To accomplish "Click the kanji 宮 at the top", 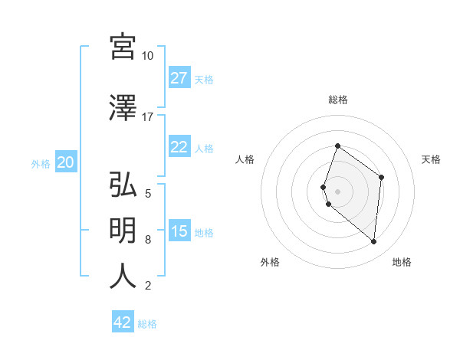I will click(123, 47).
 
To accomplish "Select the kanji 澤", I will click(123, 108).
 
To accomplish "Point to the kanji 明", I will click(123, 230).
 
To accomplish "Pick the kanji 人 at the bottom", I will click(123, 276).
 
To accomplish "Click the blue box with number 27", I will click(179, 78).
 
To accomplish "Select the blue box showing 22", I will click(179, 147).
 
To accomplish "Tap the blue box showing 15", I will click(179, 231).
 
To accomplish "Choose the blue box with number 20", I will click(66, 162).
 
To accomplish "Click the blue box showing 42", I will click(123, 322).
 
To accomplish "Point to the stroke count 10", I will click(148, 56).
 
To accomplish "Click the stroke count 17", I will click(148, 117).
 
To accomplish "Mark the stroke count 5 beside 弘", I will click(148, 194).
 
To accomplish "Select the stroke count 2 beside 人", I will click(148, 286).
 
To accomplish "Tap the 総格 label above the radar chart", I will click(337, 100).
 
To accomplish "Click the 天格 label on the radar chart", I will click(432, 159).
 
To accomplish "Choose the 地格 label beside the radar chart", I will click(402, 262).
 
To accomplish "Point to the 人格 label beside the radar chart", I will click(245, 159).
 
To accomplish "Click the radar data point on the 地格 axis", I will click(373, 241).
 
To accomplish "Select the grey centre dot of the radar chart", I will click(337, 191).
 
